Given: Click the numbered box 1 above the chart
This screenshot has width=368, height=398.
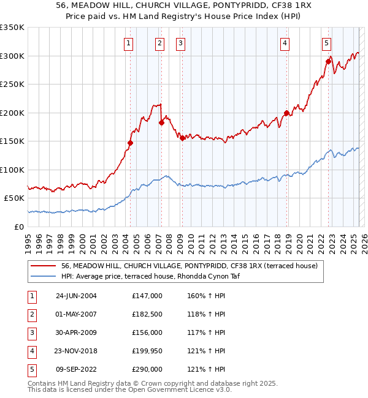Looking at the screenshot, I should coord(129,43).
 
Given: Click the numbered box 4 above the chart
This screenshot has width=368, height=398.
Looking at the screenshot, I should coord(286,43).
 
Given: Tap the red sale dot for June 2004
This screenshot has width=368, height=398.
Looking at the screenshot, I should coord(130,143).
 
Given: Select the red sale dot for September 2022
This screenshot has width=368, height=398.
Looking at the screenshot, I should coord(328,61).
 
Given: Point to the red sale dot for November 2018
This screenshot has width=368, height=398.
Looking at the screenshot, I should coord(286,113).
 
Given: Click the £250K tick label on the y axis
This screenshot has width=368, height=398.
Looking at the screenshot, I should coord(12,84).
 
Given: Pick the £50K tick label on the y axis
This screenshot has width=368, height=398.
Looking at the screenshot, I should coord(14,198).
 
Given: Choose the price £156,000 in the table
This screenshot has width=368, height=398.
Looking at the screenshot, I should coord(147,332).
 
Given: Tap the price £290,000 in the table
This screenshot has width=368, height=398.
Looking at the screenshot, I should coord(147,369).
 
